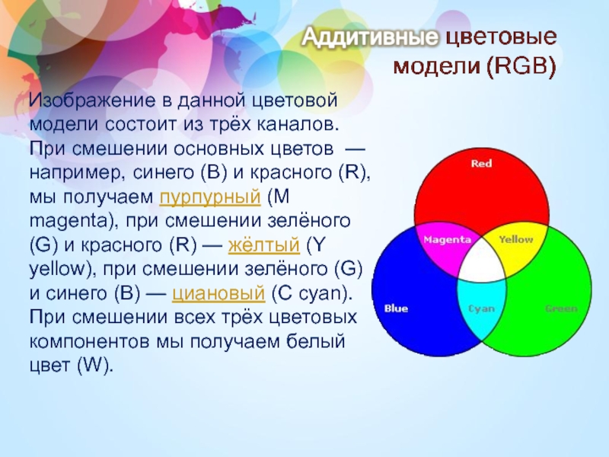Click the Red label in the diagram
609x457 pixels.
click(x=481, y=163)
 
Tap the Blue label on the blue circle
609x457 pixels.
click(x=396, y=308)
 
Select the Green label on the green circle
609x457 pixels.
click(x=561, y=308)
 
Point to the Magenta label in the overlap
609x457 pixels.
click(x=447, y=240)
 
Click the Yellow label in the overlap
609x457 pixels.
click(x=516, y=239)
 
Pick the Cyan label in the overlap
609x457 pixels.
click(x=482, y=309)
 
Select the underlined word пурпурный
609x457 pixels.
click(x=210, y=197)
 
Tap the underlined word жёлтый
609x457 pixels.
click(x=264, y=244)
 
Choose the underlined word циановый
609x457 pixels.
click(x=218, y=293)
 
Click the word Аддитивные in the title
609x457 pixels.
click(x=370, y=37)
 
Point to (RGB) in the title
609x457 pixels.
click(x=521, y=66)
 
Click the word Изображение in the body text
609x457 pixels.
click(x=92, y=101)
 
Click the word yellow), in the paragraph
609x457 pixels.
click(x=63, y=270)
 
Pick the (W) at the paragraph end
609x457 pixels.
click(x=95, y=366)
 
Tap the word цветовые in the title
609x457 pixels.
click(x=501, y=37)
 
